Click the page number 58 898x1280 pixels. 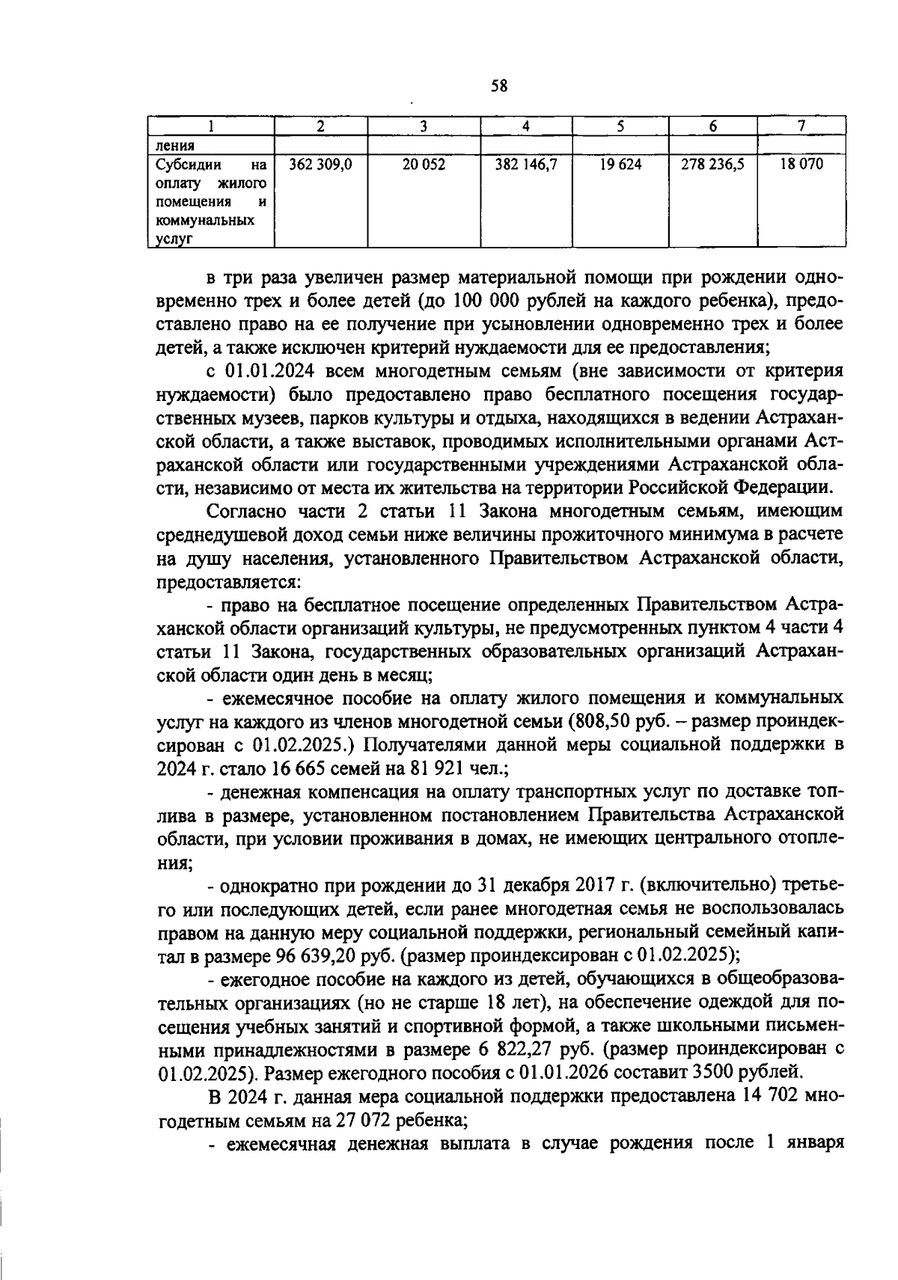(499, 85)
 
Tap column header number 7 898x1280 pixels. (801, 126)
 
